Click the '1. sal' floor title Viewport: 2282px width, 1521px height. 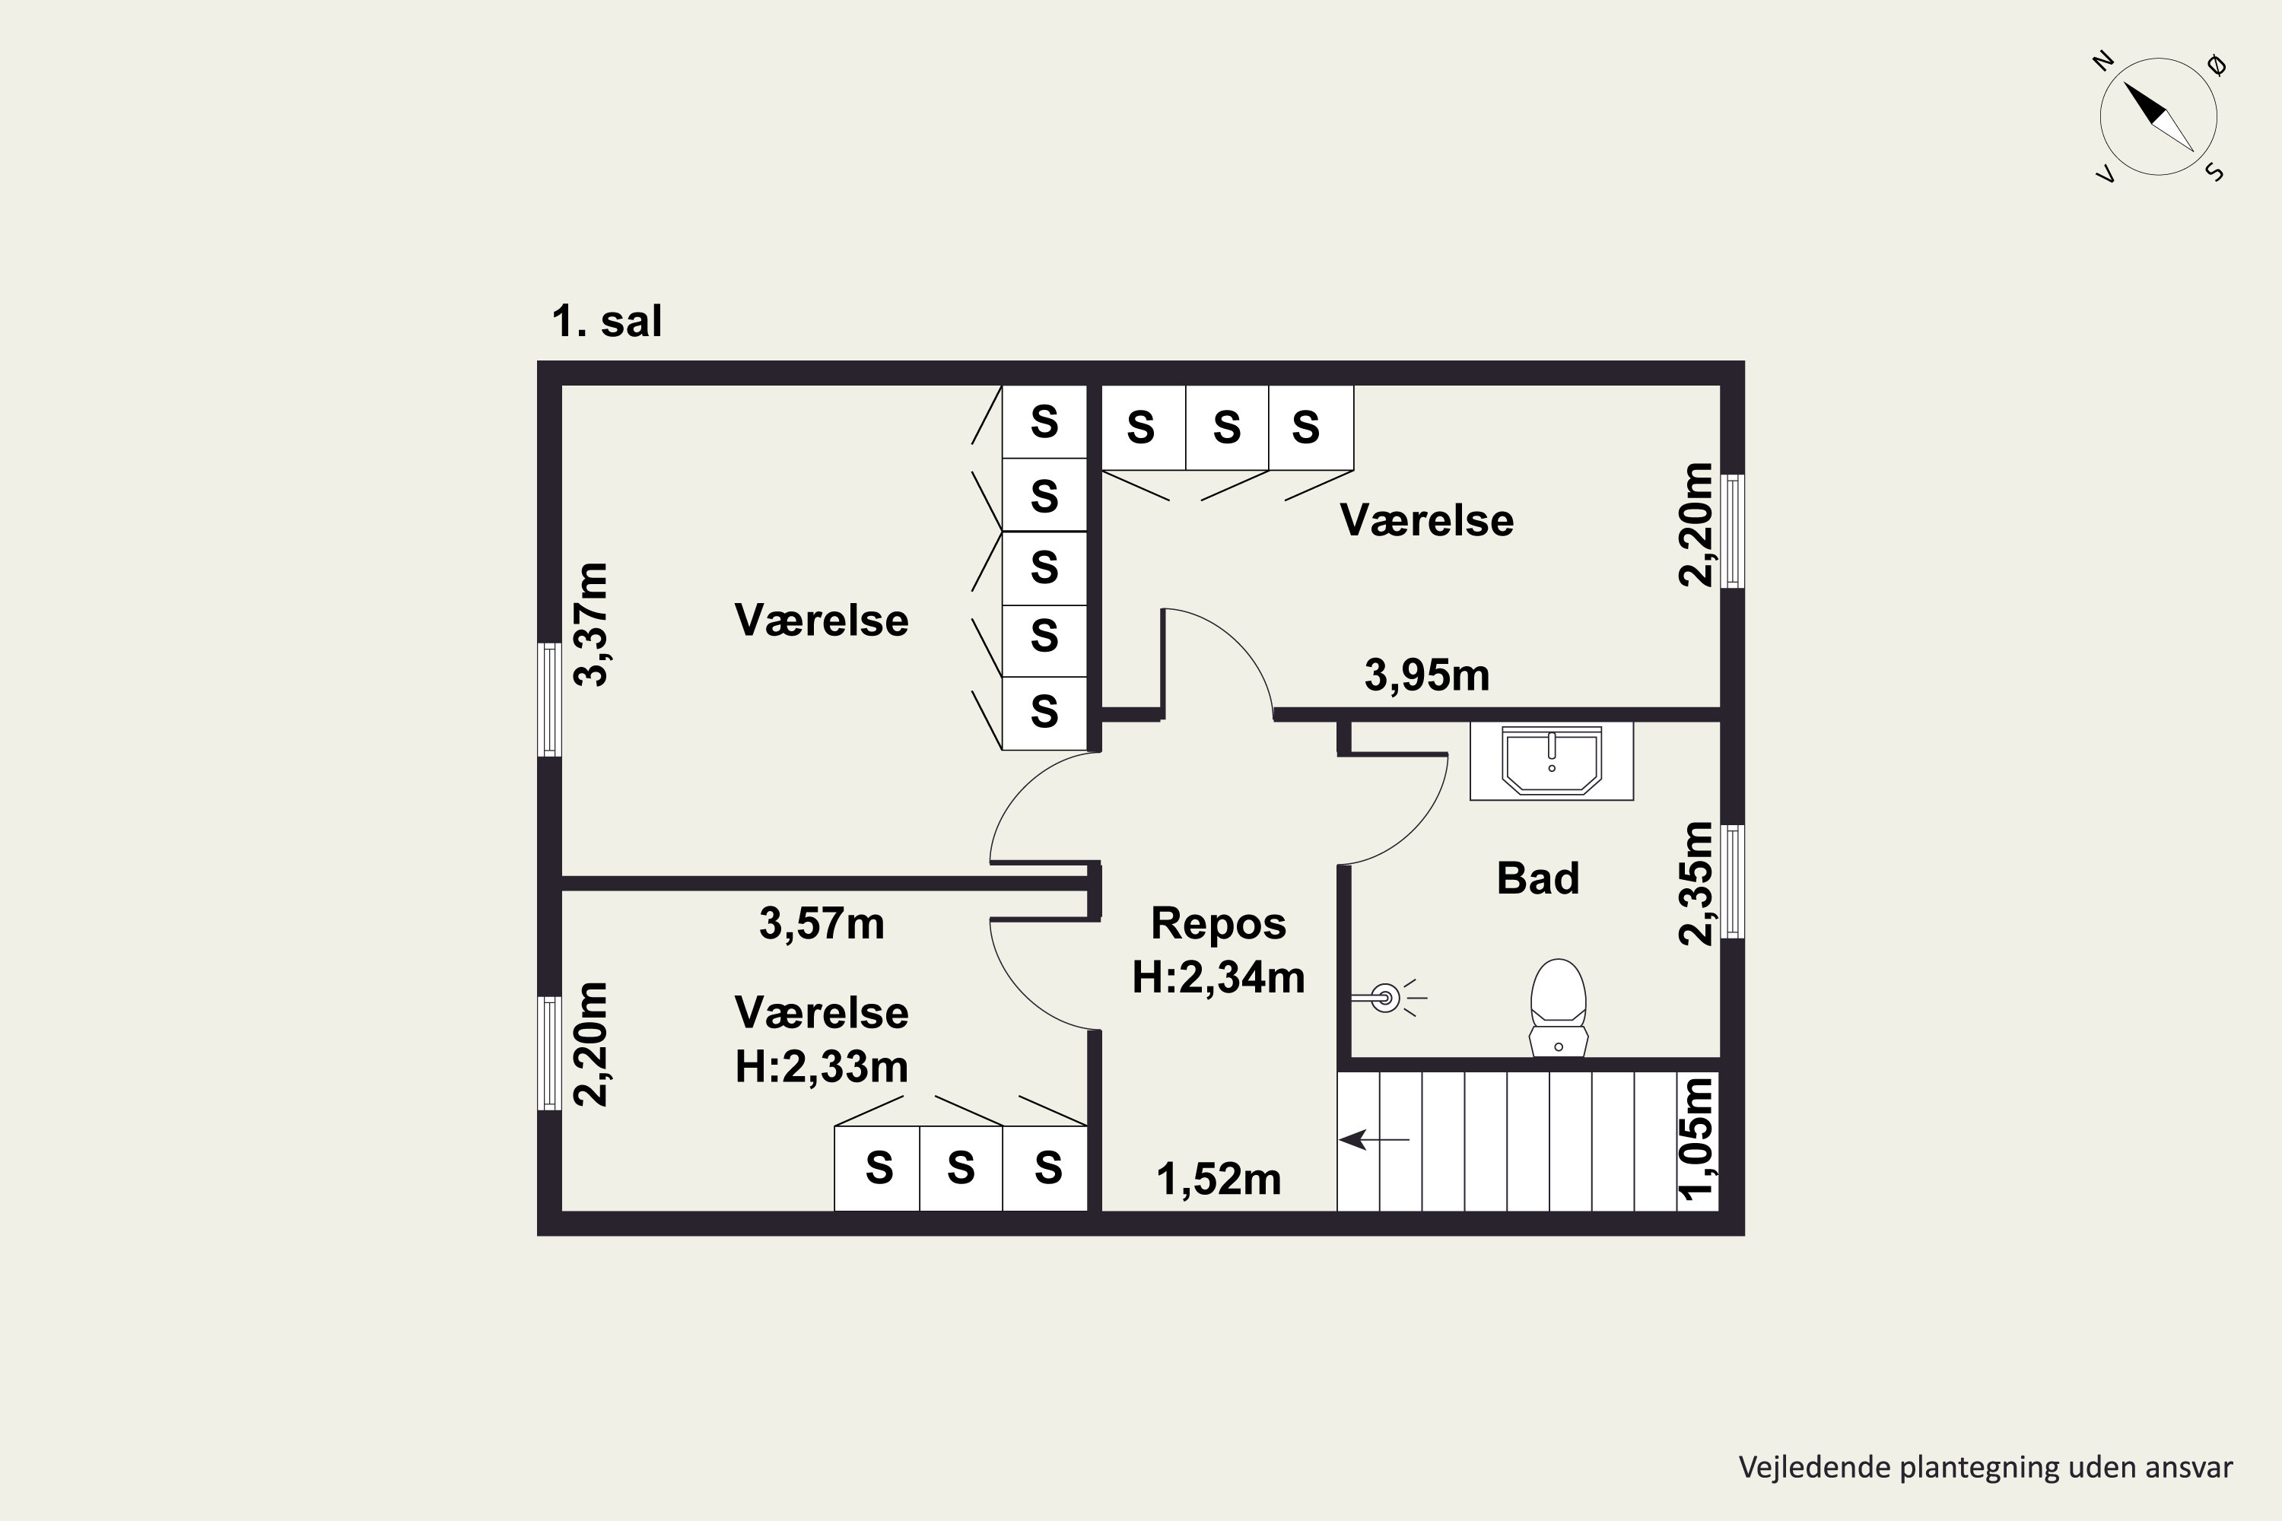[606, 321]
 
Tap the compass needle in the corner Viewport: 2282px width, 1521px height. [2159, 117]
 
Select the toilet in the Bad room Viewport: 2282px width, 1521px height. [1558, 1007]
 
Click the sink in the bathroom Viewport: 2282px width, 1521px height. [1552, 761]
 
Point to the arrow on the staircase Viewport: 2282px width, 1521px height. [1374, 1140]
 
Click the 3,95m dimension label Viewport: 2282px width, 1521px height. [1426, 675]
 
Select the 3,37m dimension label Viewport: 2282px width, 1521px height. [590, 624]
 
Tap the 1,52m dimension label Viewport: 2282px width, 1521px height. [1219, 1180]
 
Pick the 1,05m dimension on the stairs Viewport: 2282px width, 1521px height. [1696, 1138]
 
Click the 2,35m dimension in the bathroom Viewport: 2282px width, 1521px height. [1696, 883]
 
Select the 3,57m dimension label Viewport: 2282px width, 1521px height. [822, 923]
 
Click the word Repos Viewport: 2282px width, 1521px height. [1219, 923]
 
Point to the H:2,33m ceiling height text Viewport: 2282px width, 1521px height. [822, 1067]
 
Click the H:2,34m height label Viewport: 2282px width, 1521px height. [1219, 976]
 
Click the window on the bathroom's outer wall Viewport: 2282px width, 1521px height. [1733, 881]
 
